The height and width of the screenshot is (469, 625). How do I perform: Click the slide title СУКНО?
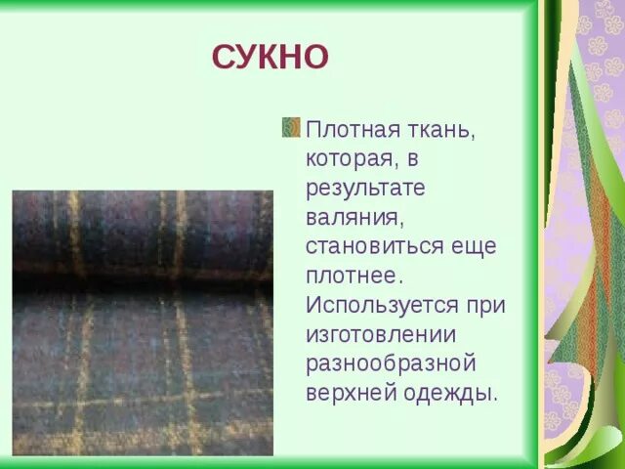(271, 57)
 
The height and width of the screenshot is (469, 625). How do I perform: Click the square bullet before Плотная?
(290, 128)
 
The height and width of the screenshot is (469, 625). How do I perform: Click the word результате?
(365, 188)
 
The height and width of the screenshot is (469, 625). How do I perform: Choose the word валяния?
(350, 216)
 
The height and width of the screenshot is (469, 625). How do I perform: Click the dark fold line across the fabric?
(143, 280)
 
